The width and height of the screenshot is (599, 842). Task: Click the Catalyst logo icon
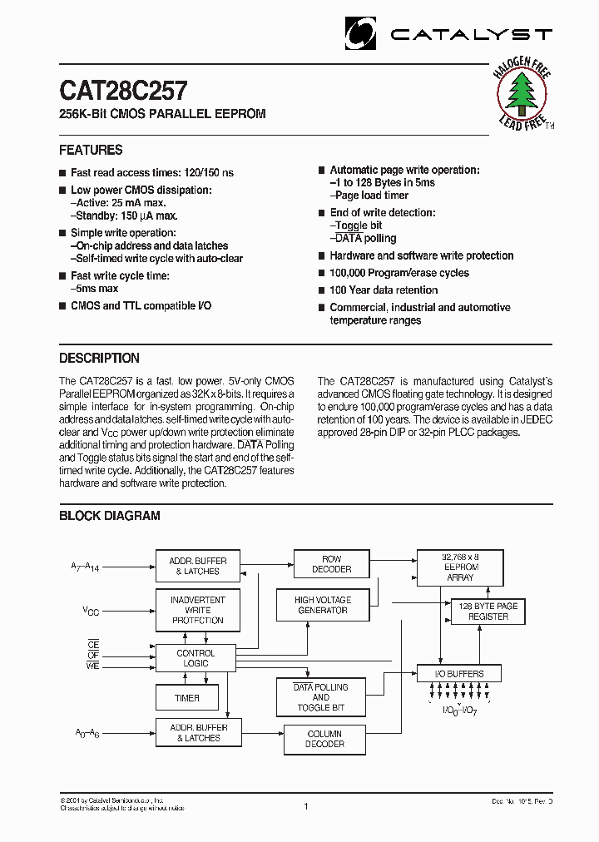[361, 33]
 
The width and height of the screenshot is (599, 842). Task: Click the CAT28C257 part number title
[123, 89]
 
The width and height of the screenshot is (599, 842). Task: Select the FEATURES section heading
[91, 151]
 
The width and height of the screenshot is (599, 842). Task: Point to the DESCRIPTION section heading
[99, 359]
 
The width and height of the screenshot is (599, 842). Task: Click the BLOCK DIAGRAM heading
[109, 516]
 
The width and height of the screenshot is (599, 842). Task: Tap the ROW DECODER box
[331, 564]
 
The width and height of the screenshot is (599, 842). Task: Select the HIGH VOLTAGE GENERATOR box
[323, 605]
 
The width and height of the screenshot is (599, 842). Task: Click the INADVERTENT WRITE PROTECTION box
[197, 610]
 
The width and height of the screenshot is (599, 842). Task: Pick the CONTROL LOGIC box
[196, 658]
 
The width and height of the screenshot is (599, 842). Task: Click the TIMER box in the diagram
[188, 698]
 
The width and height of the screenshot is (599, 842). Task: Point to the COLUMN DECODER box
[324, 739]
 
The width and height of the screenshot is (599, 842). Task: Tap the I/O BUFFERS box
[460, 673]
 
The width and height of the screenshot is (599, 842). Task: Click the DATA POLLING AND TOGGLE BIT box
[321, 697]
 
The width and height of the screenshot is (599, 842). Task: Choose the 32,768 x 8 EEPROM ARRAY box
[460, 566]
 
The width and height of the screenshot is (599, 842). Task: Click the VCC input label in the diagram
[91, 611]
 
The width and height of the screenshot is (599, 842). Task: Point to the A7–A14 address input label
[87, 567]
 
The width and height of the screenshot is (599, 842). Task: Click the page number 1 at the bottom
[306, 806]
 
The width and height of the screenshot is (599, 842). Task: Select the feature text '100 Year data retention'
[384, 290]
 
